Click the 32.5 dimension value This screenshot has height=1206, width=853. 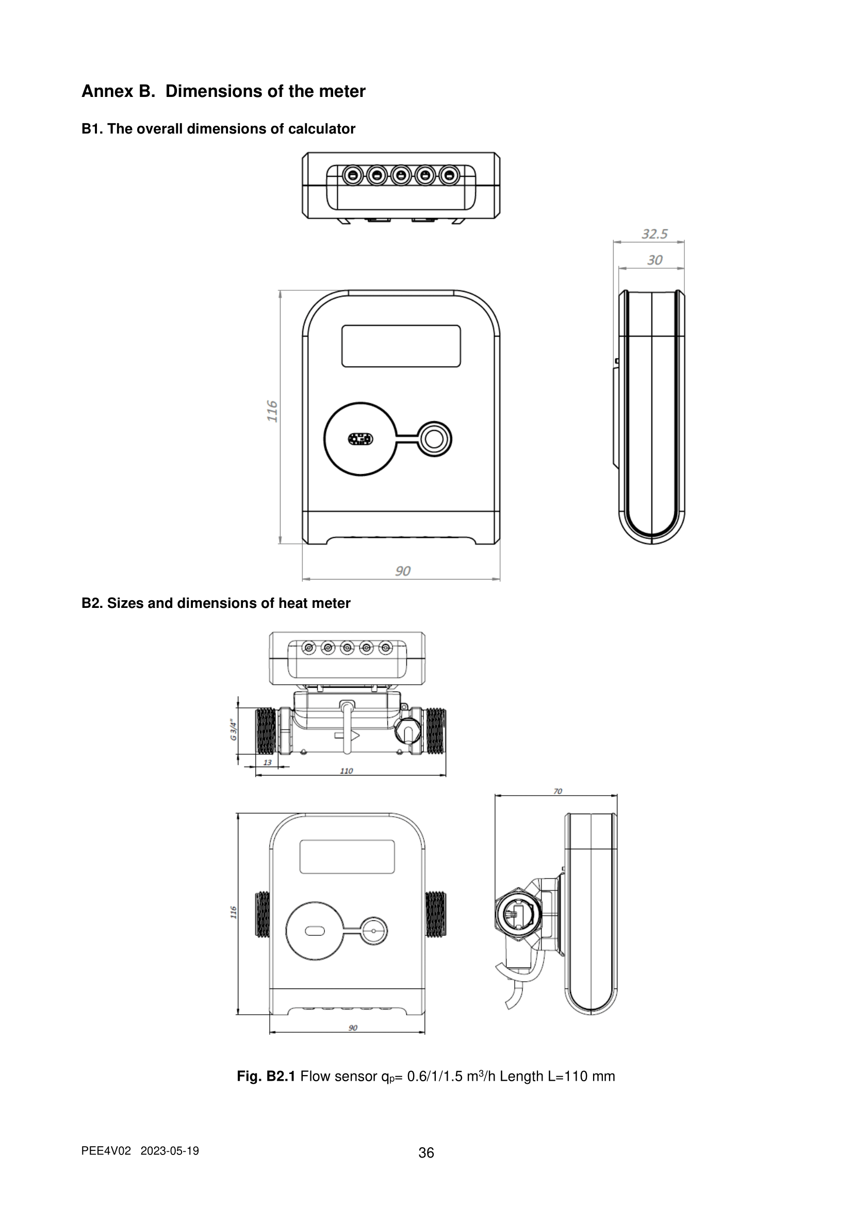click(654, 234)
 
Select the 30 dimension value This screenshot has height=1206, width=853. click(654, 260)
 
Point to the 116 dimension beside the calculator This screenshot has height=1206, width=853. click(272, 411)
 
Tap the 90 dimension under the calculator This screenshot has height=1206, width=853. click(402, 570)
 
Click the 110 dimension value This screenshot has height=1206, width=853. click(347, 770)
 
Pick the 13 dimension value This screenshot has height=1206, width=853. click(267, 762)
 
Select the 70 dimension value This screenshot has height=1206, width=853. click(558, 791)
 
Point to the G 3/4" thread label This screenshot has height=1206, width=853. click(233, 731)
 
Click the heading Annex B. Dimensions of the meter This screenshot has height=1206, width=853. click(223, 91)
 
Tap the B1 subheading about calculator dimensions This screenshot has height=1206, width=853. click(219, 129)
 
